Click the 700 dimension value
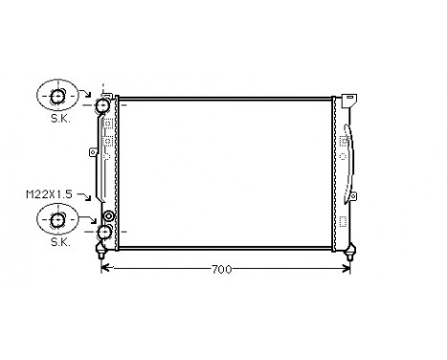pyautogui.click(x=221, y=270)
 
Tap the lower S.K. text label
pyautogui.click(x=57, y=244)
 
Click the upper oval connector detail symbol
pyautogui.click(x=57, y=96)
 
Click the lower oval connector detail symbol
pyautogui.click(x=57, y=220)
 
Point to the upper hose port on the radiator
pyautogui.click(x=103, y=104)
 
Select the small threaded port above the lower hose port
pyautogui.click(x=109, y=216)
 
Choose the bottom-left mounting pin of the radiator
pyautogui.click(x=101, y=254)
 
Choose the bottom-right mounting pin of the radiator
pyautogui.click(x=353, y=254)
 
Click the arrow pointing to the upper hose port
pyautogui.click(x=88, y=94)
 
